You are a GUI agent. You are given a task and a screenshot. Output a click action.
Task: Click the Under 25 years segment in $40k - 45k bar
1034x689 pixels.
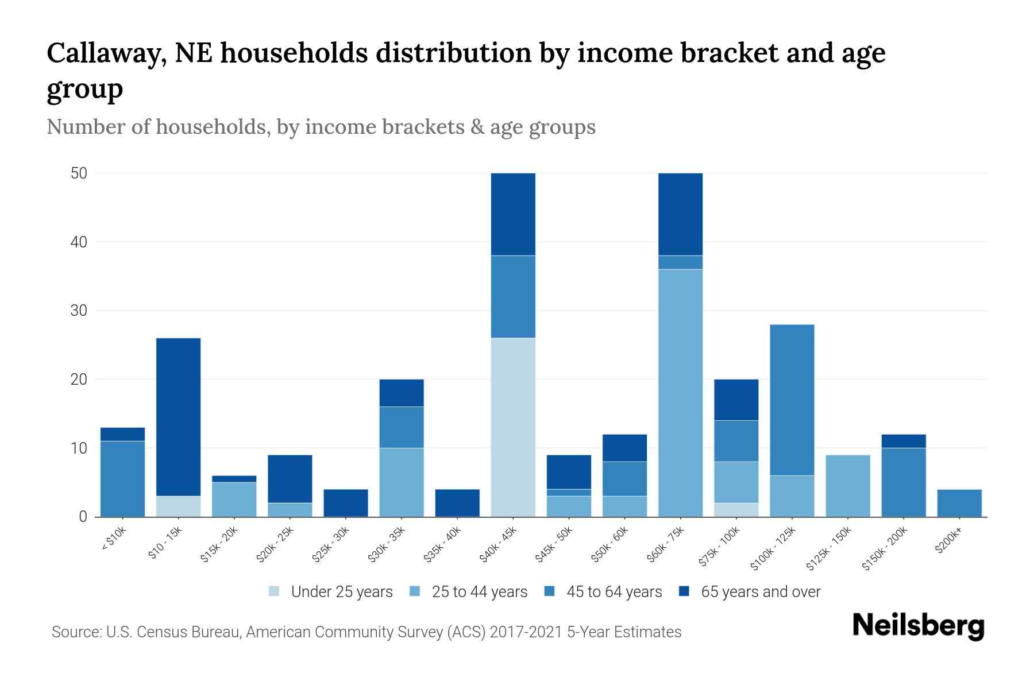513,427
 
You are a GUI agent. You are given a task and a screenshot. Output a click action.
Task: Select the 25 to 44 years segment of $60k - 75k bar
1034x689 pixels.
680,393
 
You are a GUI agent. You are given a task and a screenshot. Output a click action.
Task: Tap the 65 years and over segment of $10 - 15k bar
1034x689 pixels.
178,417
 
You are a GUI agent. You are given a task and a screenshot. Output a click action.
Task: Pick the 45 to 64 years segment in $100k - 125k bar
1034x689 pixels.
792,400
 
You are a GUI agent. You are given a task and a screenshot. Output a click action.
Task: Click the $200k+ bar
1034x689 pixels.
959,503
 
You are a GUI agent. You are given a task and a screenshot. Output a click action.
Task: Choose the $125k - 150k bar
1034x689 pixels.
847,486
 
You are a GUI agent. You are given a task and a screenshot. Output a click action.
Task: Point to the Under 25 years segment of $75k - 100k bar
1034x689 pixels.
736,510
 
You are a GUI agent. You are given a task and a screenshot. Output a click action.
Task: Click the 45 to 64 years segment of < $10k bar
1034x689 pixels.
122,479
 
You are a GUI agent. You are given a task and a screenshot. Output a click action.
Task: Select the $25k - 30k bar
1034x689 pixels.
346,503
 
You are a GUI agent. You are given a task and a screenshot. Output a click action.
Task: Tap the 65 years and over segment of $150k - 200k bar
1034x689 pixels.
903,441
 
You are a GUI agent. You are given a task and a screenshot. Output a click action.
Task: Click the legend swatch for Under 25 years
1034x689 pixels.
275,591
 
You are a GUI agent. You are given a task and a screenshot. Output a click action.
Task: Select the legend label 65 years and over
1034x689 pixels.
761,591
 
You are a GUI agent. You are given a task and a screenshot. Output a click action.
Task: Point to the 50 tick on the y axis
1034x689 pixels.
79,173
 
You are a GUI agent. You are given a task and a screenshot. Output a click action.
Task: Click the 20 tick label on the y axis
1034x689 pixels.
79,380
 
